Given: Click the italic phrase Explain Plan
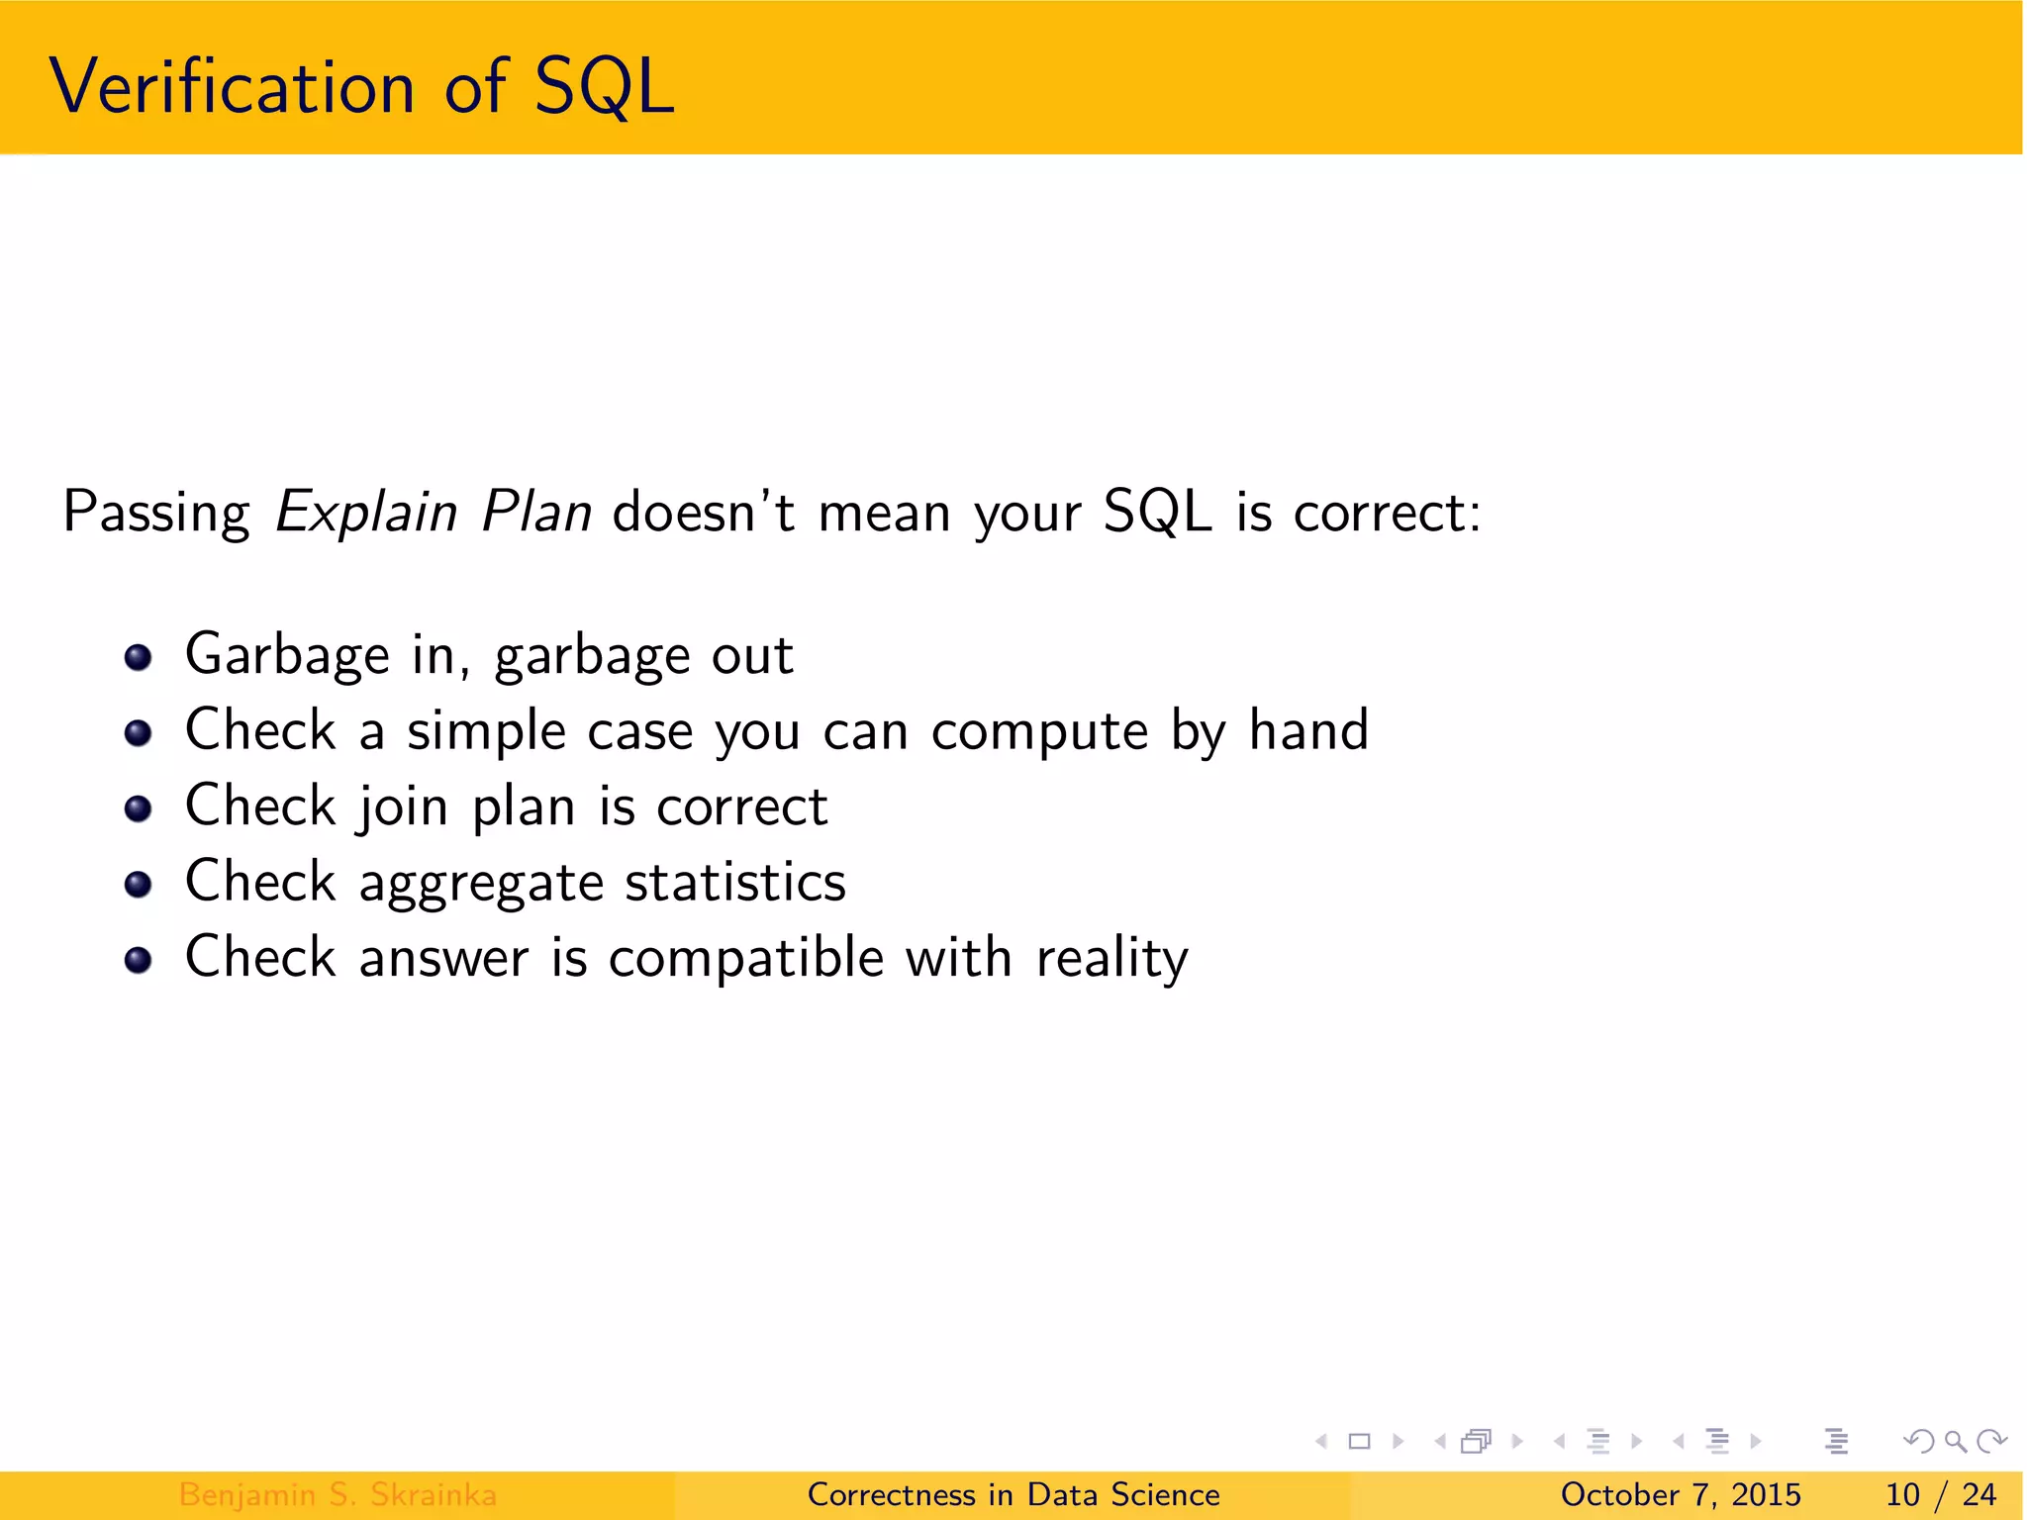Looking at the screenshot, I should tap(433, 513).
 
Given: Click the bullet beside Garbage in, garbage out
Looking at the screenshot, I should tap(138, 657).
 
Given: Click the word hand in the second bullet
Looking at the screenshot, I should tap(1308, 730).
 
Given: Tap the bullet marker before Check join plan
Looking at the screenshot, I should tap(138, 808).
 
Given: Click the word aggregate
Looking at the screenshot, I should tap(481, 883).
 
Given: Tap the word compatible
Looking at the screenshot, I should tap(745, 958).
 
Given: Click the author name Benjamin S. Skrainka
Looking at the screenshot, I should tap(338, 1494).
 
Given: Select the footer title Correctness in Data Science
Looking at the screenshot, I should tap(1013, 1494).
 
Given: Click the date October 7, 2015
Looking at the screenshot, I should tap(1680, 1494).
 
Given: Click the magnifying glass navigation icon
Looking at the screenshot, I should tap(1955, 1441).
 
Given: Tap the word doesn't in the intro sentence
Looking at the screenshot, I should tap(704, 513).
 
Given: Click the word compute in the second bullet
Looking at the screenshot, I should tap(1039, 732).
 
